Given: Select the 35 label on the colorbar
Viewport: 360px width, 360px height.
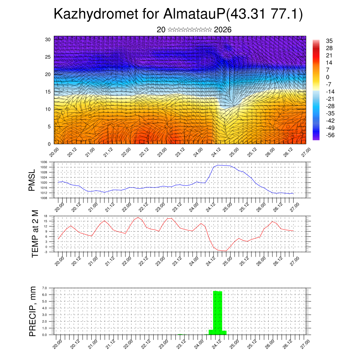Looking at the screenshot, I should click(329, 41).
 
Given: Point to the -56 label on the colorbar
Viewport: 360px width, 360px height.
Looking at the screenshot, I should click(331, 135).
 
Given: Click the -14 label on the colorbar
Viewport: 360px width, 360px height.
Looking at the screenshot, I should click(331, 91).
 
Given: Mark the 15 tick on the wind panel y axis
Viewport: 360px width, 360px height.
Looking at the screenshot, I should click(49, 92).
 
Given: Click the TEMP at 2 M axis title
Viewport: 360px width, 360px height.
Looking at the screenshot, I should click(35, 234).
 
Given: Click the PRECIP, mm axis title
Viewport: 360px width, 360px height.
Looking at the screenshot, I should click(33, 311).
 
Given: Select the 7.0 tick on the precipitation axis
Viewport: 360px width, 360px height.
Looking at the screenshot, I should click(44, 288).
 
